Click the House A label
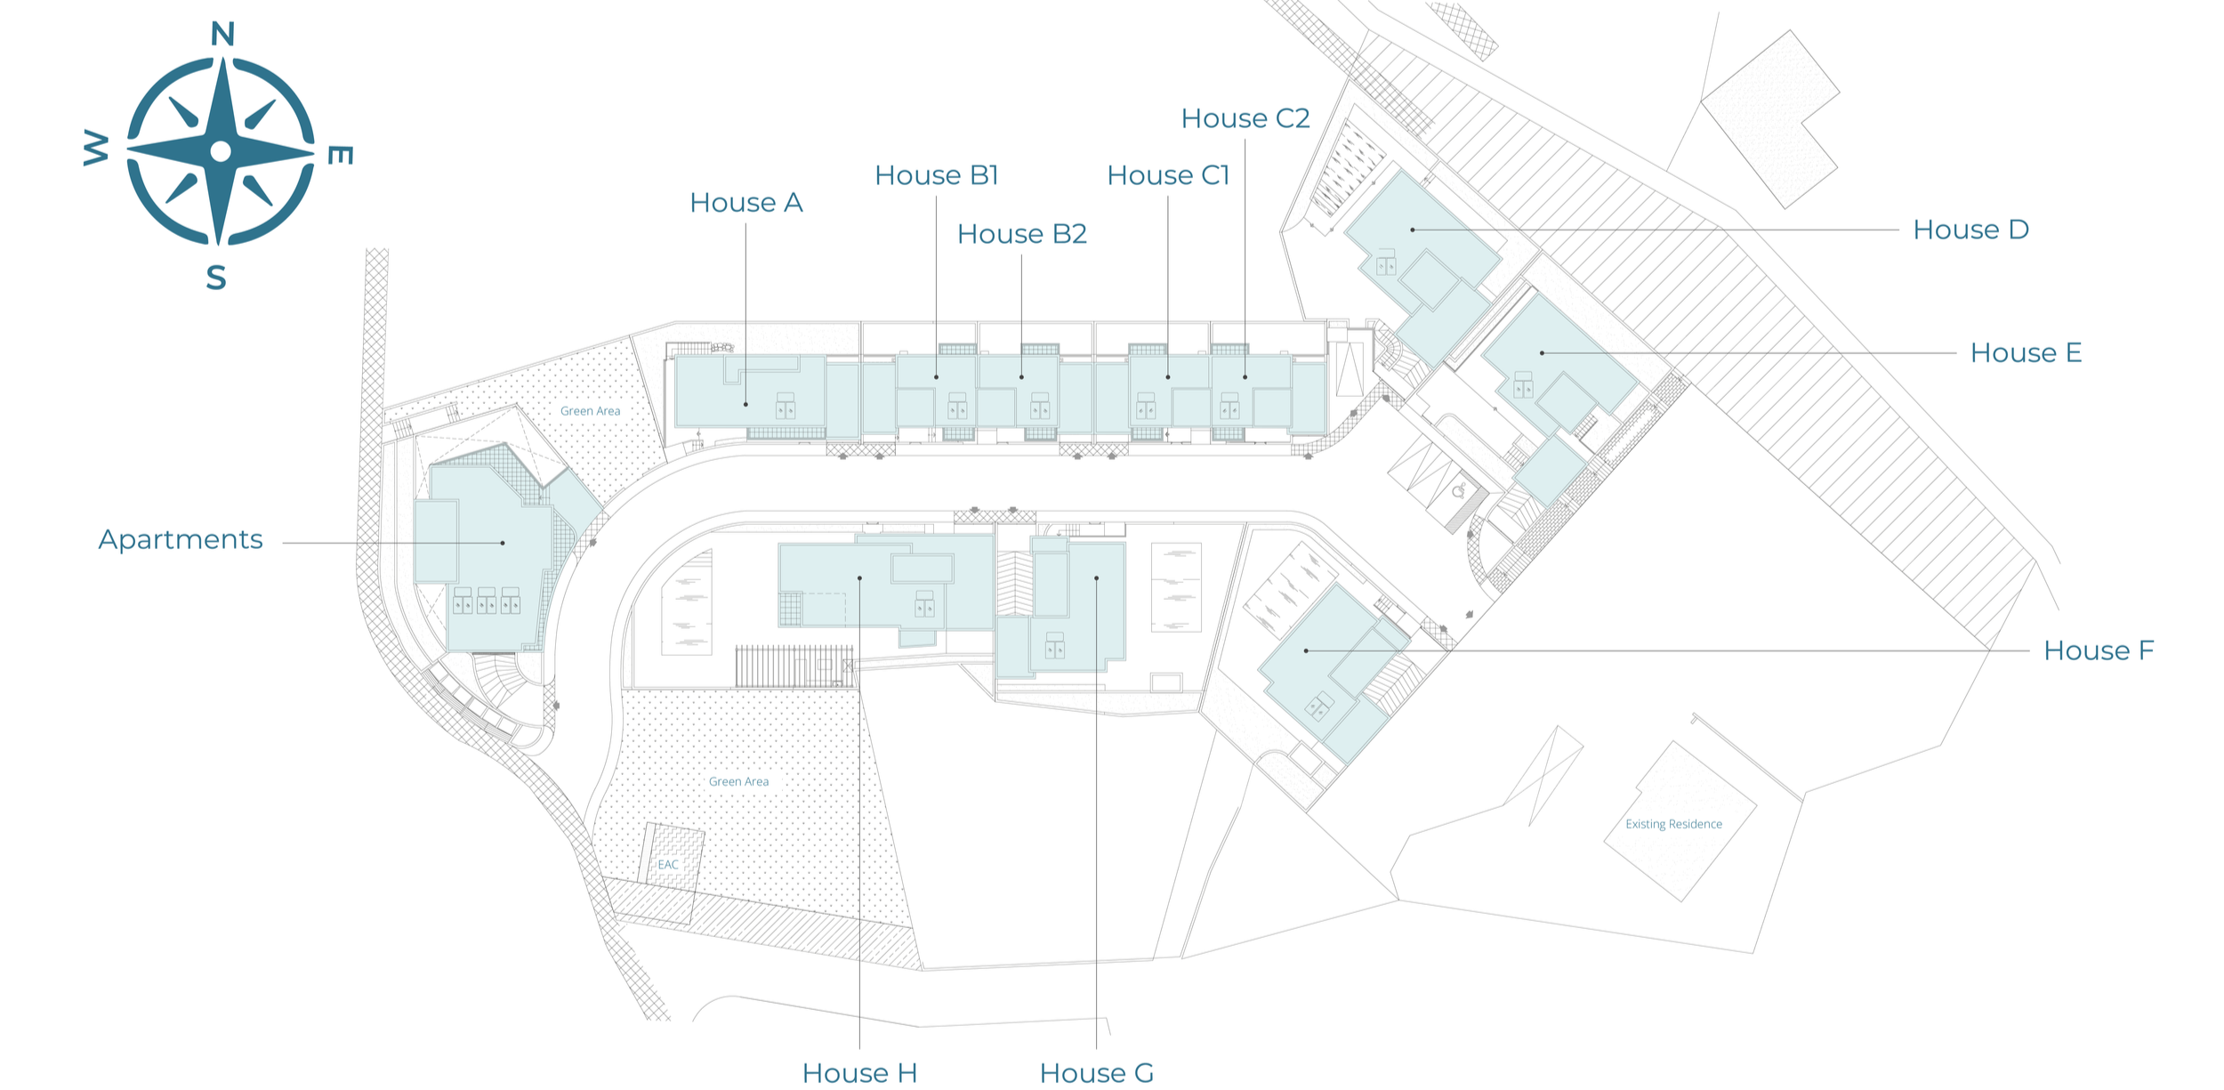point(746,203)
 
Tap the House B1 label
point(937,175)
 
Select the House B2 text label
point(1022,234)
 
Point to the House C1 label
point(1168,175)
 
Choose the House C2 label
point(1245,118)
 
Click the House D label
point(1971,230)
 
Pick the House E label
point(2027,352)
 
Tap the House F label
point(2099,650)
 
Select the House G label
point(1097,1073)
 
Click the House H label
point(859,1073)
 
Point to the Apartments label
point(181,540)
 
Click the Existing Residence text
point(1674,824)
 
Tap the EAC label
point(668,865)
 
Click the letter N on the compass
point(223,35)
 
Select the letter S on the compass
point(216,278)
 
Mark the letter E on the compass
point(341,156)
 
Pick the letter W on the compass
point(96,148)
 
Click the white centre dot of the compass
point(221,151)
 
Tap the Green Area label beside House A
point(591,411)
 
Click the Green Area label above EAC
point(739,782)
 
